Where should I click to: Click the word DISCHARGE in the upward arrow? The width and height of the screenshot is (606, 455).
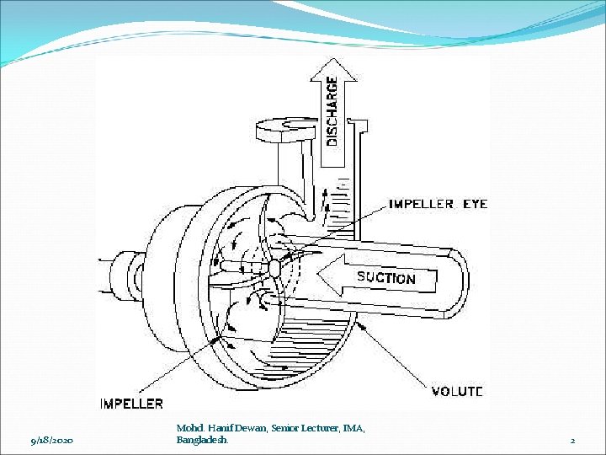click(x=332, y=111)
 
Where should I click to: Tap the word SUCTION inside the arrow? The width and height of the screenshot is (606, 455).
click(x=385, y=277)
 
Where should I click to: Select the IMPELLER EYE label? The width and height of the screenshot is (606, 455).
click(x=437, y=204)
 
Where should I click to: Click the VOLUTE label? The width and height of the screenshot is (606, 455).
click(x=457, y=391)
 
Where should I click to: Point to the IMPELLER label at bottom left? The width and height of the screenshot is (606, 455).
click(x=131, y=404)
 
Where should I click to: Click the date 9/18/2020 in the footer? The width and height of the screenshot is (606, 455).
click(x=51, y=441)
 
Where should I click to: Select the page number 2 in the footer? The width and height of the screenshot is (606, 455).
click(x=572, y=441)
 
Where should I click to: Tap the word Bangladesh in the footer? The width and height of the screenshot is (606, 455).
click(x=201, y=441)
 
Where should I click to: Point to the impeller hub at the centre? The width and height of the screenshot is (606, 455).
click(x=274, y=268)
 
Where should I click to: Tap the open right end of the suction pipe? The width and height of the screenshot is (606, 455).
click(x=459, y=278)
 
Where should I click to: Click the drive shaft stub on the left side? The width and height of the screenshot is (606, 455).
click(x=112, y=271)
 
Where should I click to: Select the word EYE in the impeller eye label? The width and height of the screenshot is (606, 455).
click(x=474, y=204)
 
